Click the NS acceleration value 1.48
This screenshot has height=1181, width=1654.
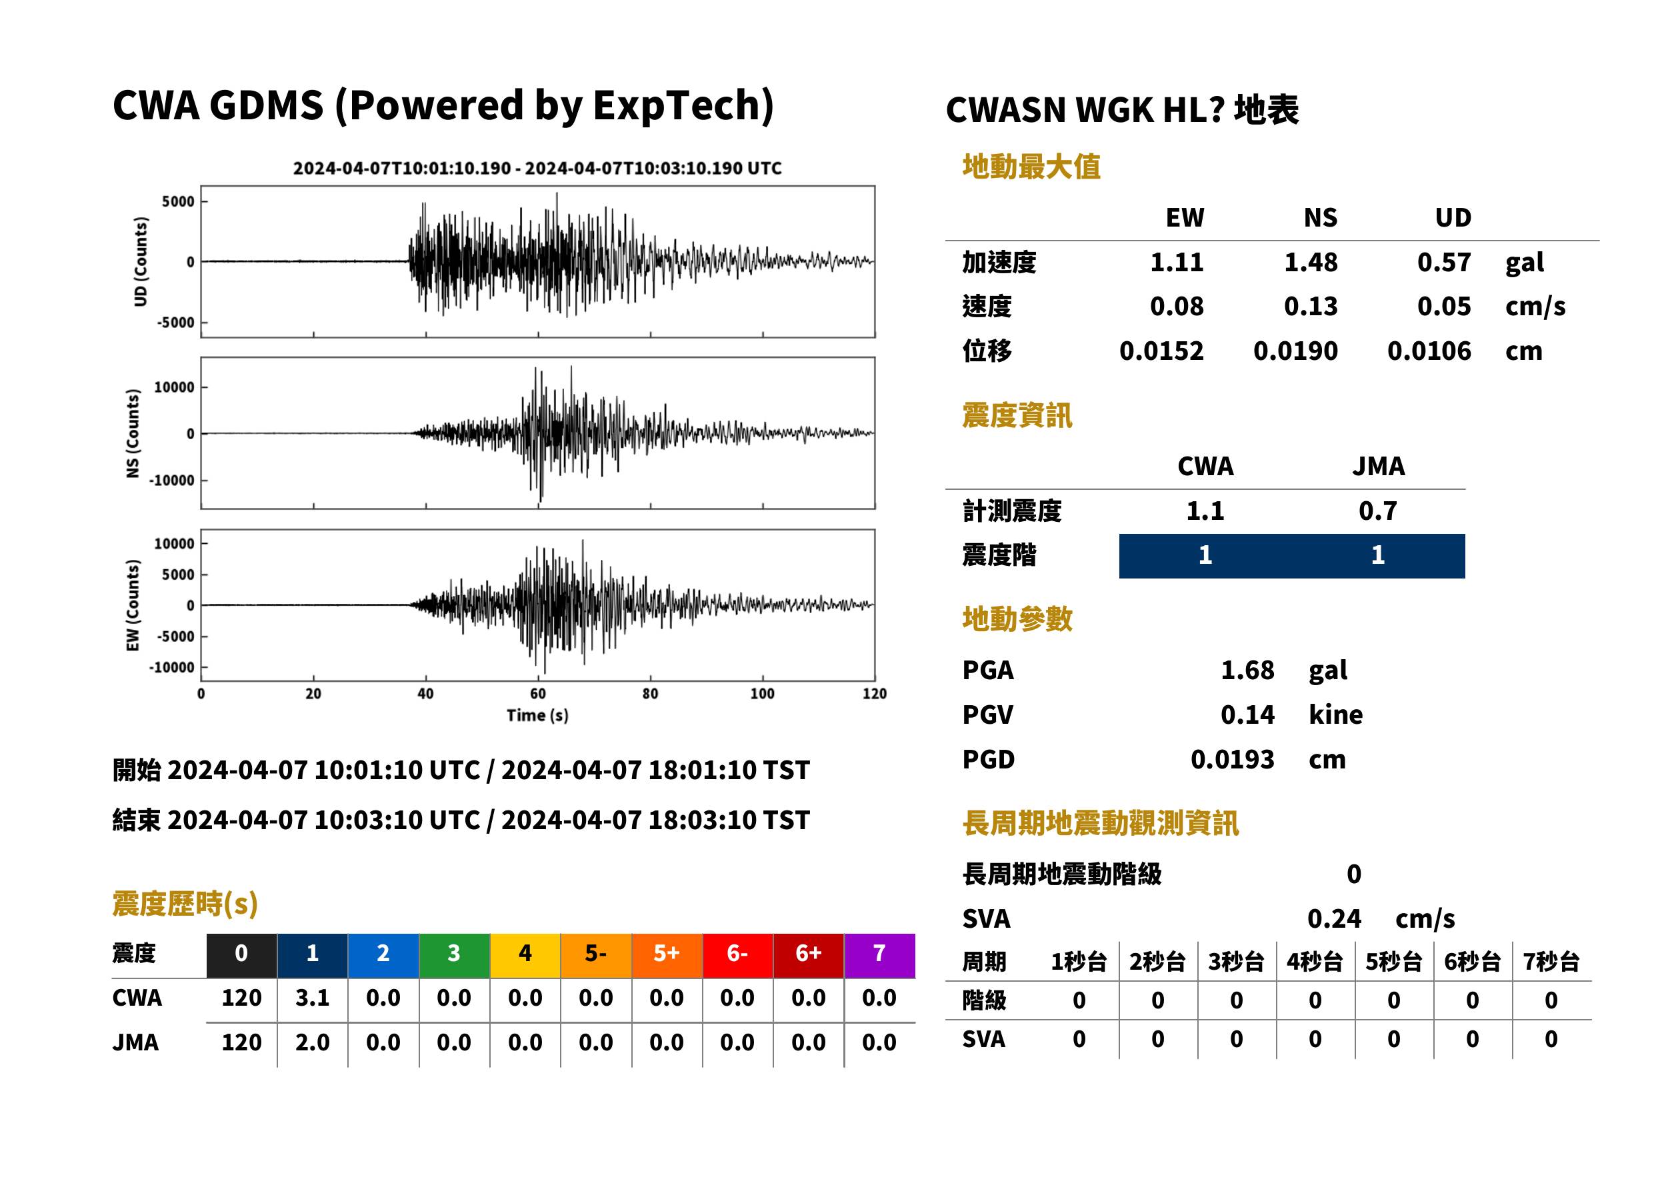click(x=1310, y=263)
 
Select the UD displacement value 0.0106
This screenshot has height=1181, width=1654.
click(x=1429, y=351)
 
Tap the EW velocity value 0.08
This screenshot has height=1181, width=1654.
click(x=1176, y=307)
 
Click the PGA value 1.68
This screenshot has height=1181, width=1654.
click(x=1247, y=670)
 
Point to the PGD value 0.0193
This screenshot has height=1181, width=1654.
click(x=1232, y=759)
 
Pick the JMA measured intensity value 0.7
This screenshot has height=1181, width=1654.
click(x=1377, y=511)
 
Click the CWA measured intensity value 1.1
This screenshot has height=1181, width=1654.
click(x=1205, y=511)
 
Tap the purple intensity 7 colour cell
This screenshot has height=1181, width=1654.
click(x=879, y=955)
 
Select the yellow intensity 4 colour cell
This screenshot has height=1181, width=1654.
click(x=525, y=955)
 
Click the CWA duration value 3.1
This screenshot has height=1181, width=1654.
click(x=312, y=998)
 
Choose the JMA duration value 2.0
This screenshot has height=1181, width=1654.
click(x=312, y=1042)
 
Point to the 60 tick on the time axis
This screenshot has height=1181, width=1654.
click(x=537, y=694)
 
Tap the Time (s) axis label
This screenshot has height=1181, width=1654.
click(x=537, y=716)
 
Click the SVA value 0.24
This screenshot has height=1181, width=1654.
click(x=1334, y=918)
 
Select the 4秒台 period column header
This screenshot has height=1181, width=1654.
click(x=1314, y=961)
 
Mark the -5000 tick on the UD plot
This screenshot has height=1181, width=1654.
click(x=176, y=322)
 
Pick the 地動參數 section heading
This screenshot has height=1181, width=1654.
click(x=1017, y=619)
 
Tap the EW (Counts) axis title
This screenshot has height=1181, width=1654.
click(x=133, y=605)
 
